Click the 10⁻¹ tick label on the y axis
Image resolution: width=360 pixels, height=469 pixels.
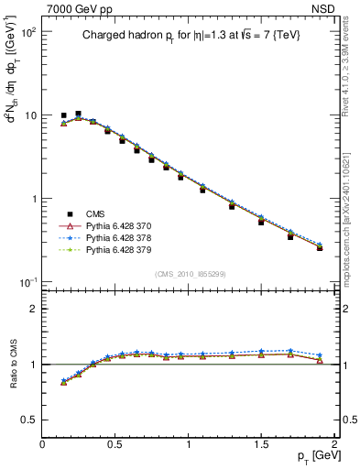27,282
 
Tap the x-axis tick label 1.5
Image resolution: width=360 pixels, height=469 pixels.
262,443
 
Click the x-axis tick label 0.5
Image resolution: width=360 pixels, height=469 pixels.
115,443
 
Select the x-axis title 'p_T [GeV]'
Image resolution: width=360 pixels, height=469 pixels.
311,455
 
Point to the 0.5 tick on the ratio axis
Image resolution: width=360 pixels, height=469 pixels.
28,419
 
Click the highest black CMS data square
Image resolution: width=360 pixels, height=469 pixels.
78,114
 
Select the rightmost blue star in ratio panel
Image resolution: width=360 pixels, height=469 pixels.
320,355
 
